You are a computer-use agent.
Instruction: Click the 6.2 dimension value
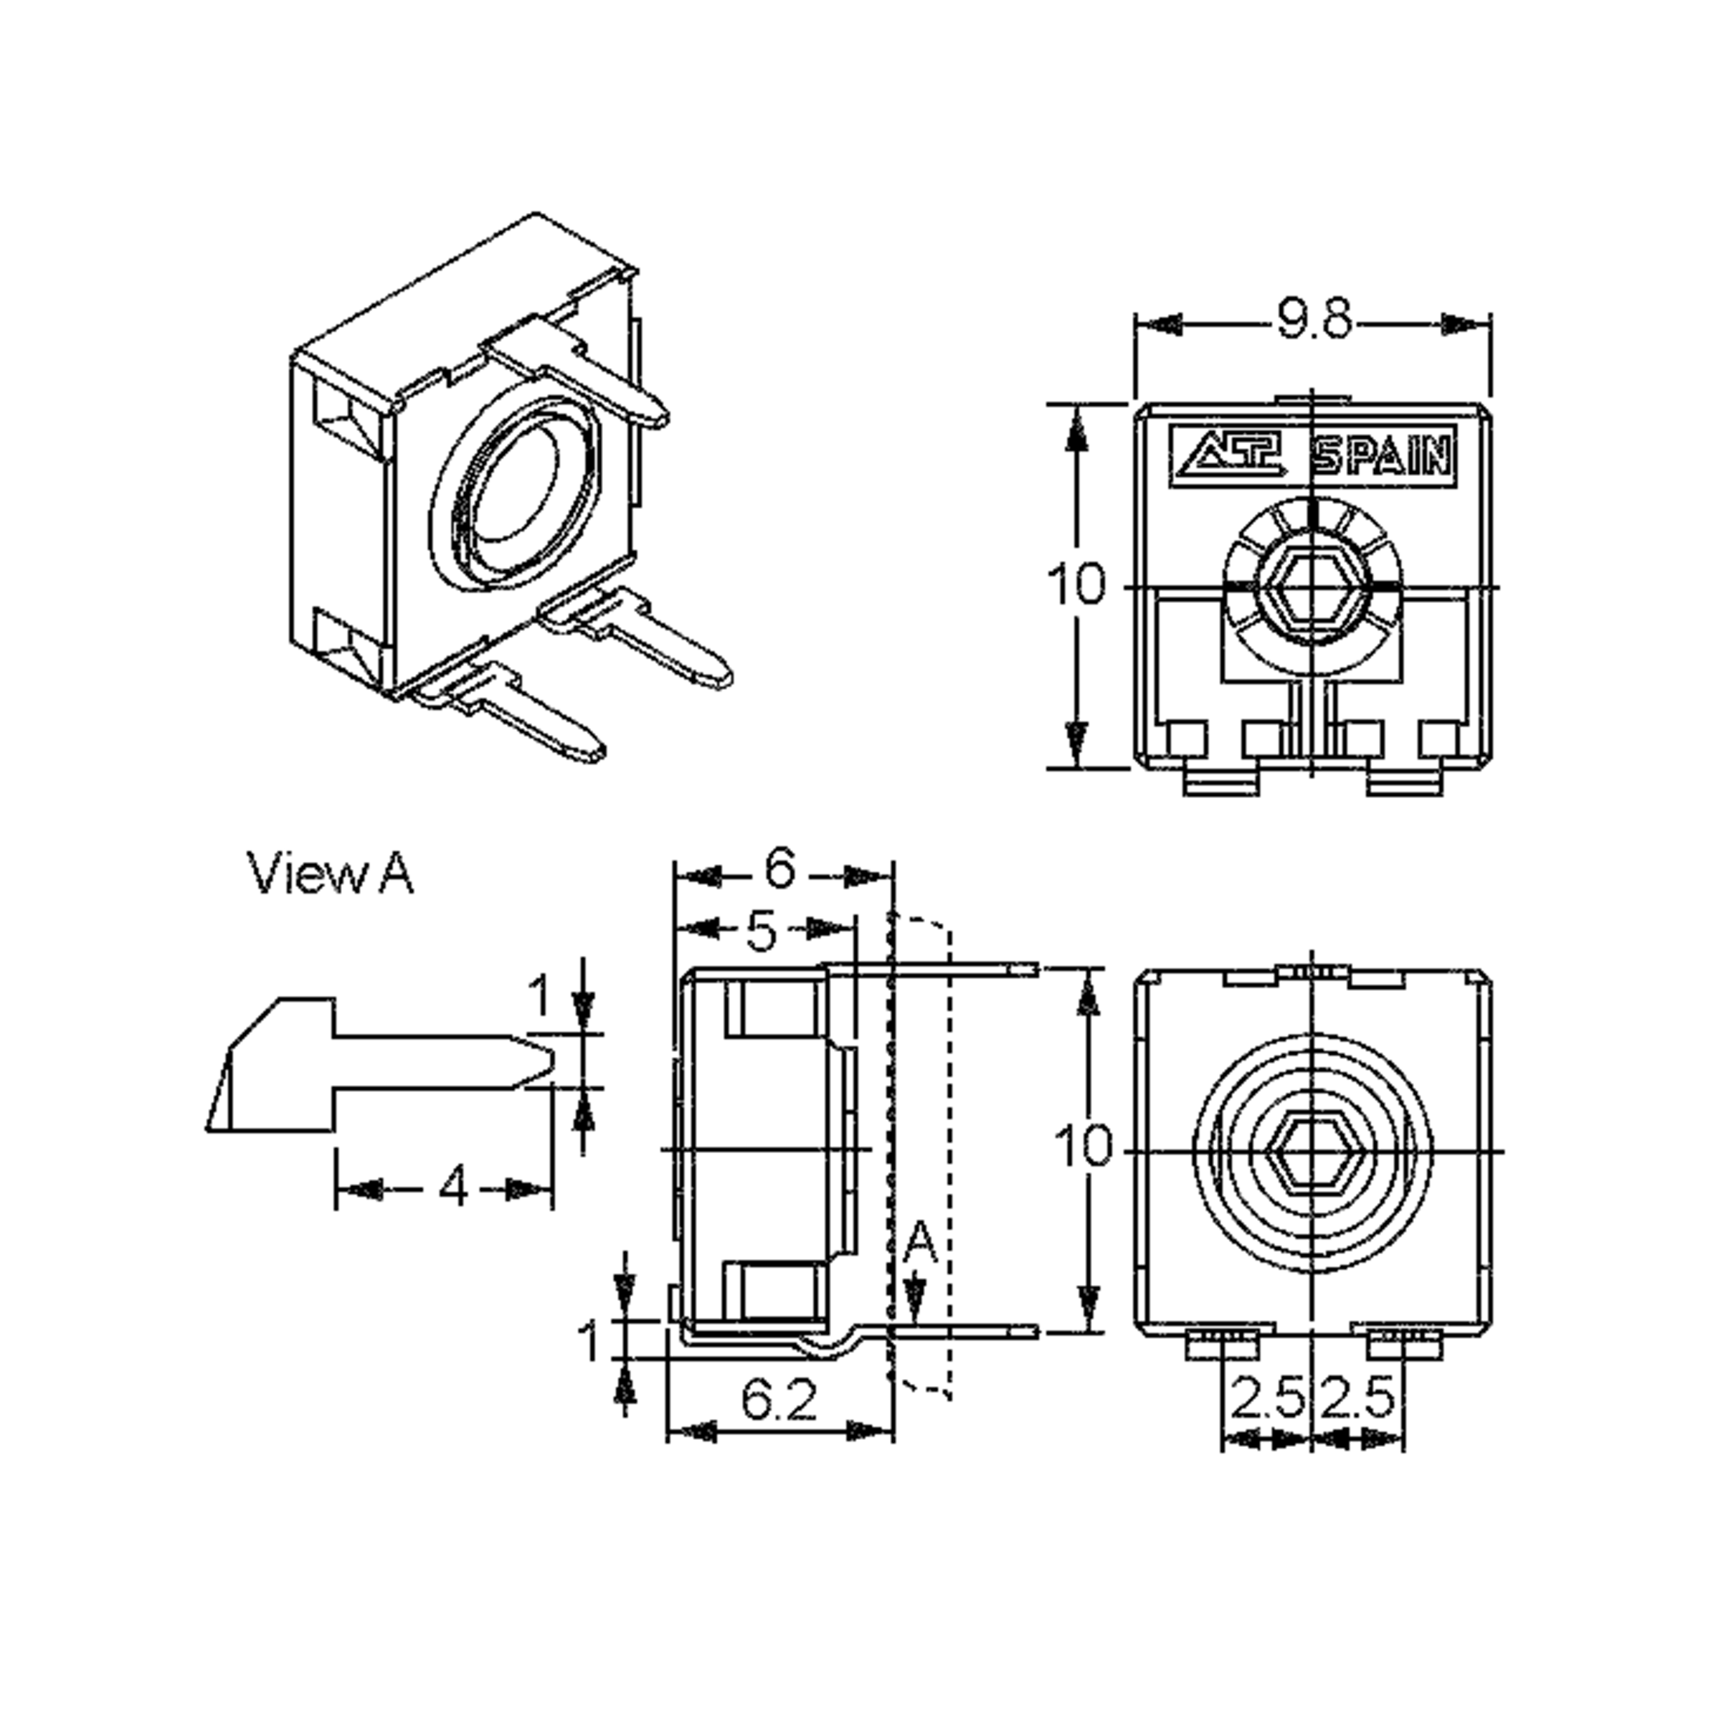tap(779, 1401)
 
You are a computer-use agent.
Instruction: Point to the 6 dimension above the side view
tap(779, 868)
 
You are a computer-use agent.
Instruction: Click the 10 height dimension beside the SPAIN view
tap(1076, 584)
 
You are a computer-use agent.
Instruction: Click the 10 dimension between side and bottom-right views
tap(1082, 1146)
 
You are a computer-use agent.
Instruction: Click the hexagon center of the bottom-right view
tap(1312, 1152)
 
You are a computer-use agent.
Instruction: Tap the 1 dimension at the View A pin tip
tap(540, 996)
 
